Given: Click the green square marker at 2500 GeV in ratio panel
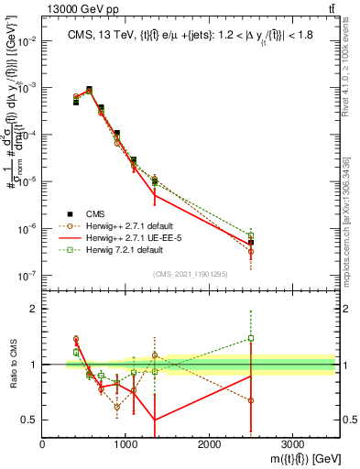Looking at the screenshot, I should tap(251, 338).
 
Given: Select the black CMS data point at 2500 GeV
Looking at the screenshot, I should tap(251, 243).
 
